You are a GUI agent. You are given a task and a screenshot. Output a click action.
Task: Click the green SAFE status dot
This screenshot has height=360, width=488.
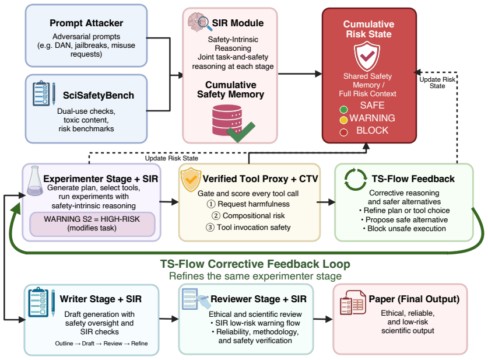coord(343,110)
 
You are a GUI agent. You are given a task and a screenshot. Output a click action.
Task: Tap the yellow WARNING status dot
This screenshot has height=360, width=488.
coord(343,120)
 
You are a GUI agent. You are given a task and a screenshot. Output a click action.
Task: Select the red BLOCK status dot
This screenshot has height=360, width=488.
coord(343,132)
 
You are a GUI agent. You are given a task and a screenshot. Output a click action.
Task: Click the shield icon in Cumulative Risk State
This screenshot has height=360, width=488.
coord(367,57)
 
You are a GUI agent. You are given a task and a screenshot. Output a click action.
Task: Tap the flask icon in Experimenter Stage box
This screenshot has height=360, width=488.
coord(35,181)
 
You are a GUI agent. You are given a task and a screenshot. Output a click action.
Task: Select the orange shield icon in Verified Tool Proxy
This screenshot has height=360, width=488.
coord(191,179)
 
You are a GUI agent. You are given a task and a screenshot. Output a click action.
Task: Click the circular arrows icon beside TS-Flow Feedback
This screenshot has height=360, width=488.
coord(356,179)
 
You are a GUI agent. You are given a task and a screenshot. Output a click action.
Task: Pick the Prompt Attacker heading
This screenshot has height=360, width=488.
coord(86,23)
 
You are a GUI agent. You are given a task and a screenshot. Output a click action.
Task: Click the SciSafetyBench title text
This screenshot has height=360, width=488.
coord(99,95)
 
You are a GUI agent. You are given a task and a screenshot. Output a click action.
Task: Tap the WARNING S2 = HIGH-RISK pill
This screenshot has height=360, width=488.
coord(92,224)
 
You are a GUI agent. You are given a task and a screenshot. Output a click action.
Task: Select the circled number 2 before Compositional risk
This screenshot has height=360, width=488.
coord(216,215)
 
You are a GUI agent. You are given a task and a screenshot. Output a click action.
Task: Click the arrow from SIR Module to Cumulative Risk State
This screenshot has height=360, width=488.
coord(300,74)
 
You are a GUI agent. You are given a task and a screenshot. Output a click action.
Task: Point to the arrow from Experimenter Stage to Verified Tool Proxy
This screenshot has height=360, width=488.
coord(169,202)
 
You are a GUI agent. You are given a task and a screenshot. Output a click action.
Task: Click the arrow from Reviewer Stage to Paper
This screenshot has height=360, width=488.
coord(323,319)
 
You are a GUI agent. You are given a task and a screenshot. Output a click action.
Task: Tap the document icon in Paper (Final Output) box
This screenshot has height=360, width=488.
coord(353,302)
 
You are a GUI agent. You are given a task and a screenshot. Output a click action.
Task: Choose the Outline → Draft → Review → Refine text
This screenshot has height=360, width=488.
coord(101,344)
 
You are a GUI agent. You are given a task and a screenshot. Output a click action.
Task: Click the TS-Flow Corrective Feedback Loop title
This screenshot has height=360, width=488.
coord(255,264)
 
